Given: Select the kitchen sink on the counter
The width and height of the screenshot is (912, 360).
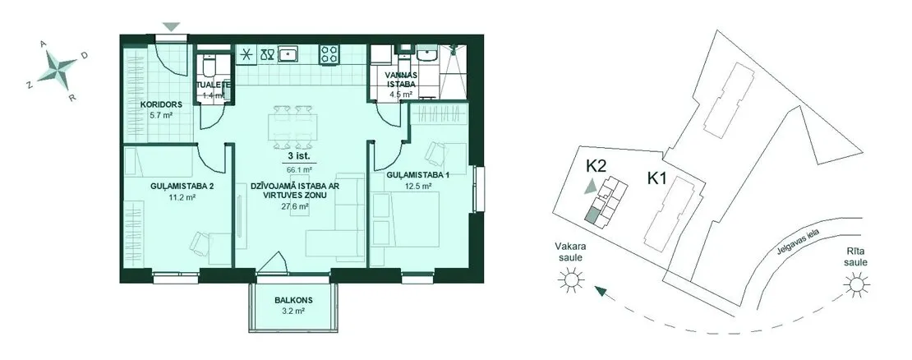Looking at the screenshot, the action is pyautogui.click(x=288, y=55).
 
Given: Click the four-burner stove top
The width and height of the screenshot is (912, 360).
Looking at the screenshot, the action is pyautogui.click(x=329, y=55).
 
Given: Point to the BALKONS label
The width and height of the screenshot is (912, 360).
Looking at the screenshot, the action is pyautogui.click(x=293, y=301).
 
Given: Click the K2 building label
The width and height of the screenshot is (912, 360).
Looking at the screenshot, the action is pyautogui.click(x=596, y=166).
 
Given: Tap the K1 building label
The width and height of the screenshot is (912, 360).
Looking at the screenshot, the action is pyautogui.click(x=656, y=178).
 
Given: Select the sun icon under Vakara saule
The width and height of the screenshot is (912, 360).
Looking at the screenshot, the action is pyautogui.click(x=570, y=282).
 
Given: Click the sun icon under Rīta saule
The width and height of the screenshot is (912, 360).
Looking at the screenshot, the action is pyautogui.click(x=855, y=285).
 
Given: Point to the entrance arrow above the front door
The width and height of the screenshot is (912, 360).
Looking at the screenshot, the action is pyautogui.click(x=171, y=26).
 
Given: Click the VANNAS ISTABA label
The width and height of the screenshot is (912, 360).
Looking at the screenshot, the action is pyautogui.click(x=401, y=79).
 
